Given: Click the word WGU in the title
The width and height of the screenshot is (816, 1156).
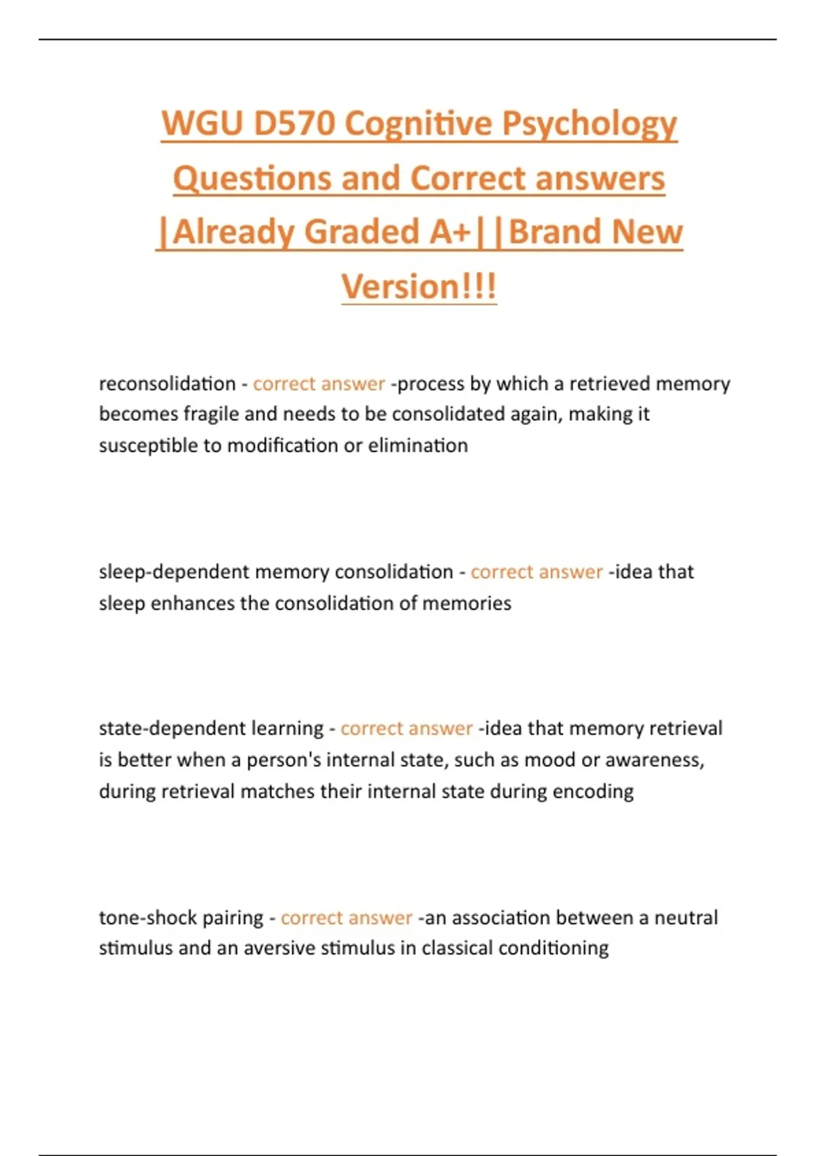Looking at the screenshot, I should click(x=202, y=124).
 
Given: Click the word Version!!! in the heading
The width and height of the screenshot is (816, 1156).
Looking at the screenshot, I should click(x=419, y=286).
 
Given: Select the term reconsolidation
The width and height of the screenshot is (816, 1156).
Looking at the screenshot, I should click(x=167, y=384).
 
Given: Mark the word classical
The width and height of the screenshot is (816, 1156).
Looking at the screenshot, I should click(x=457, y=948).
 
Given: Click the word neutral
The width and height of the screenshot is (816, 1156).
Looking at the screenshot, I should click(x=685, y=918).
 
